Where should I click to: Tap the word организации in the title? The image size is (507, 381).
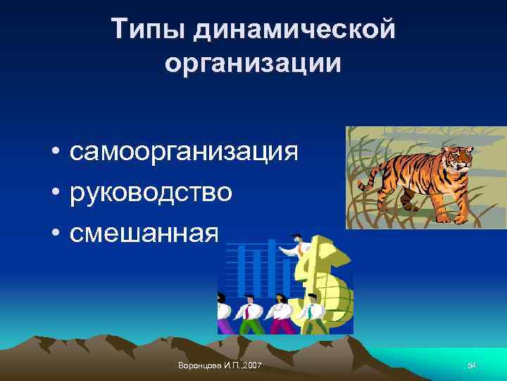click(254, 64)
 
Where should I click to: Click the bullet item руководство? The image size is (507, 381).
click(151, 192)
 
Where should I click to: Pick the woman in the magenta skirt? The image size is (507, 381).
click(282, 314)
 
